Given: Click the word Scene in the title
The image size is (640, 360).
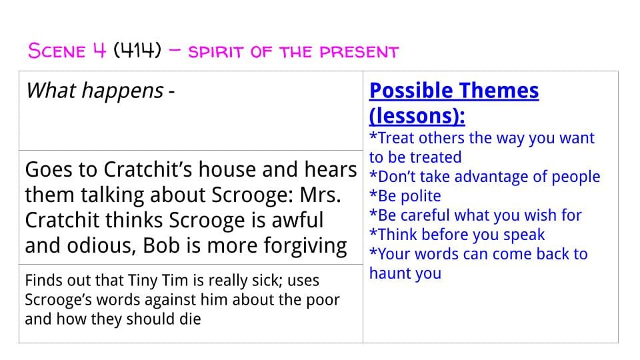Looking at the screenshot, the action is [57, 51].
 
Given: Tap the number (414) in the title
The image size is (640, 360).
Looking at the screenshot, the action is [137, 51].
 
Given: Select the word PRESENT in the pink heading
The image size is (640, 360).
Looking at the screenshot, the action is [359, 52].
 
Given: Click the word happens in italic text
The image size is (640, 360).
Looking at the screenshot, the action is [123, 91].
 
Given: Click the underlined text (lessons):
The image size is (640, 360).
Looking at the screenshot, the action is [417, 115].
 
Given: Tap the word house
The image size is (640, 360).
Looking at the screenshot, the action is [227, 169].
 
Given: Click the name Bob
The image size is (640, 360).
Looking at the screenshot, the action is [161, 245].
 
